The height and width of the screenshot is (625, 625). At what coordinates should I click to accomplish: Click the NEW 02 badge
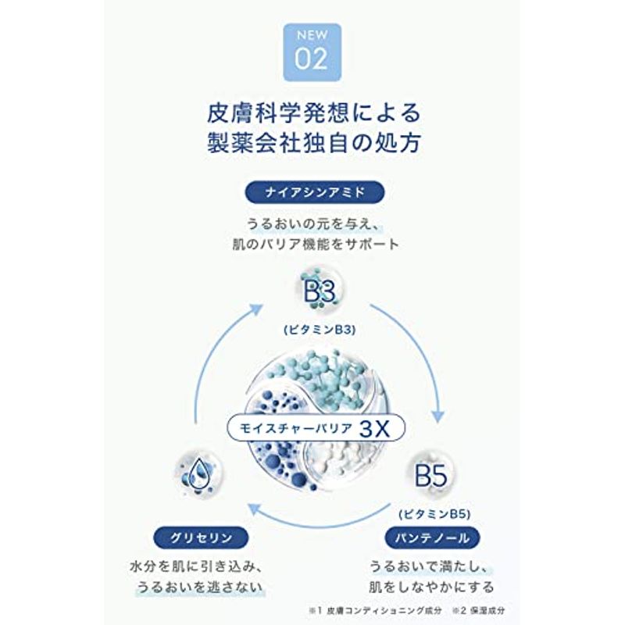click(x=312, y=52)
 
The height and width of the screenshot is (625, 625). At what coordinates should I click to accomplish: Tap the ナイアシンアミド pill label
click(x=315, y=192)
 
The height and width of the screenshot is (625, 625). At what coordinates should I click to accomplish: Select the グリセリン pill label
click(x=202, y=537)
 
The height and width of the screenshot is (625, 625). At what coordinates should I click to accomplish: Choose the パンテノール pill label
click(x=432, y=537)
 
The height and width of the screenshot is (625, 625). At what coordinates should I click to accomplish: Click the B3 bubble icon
click(x=320, y=291)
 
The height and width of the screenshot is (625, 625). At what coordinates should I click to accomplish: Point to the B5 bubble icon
click(x=431, y=475)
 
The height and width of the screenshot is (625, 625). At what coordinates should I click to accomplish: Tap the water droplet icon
click(x=198, y=473)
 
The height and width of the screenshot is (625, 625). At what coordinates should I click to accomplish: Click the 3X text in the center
click(x=374, y=429)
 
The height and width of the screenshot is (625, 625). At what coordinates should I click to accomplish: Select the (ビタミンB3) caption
click(x=320, y=330)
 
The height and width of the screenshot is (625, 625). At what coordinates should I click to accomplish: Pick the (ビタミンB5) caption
click(x=434, y=514)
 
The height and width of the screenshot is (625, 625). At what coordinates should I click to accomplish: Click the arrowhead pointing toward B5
click(x=438, y=416)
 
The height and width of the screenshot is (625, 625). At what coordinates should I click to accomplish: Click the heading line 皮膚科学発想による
click(x=314, y=112)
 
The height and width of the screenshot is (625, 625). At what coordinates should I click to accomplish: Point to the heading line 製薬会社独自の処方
click(x=314, y=142)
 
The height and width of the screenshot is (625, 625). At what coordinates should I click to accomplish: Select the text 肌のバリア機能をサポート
click(x=316, y=244)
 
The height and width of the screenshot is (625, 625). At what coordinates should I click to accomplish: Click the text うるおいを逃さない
click(x=200, y=587)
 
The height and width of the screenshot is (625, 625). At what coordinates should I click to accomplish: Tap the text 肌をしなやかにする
click(x=431, y=587)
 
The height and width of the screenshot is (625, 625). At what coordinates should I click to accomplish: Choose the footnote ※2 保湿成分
click(x=478, y=610)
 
